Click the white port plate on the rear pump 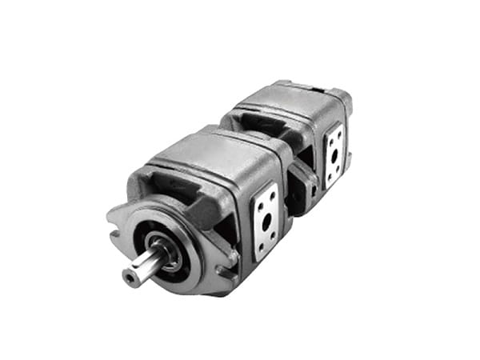[x=334, y=156]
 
